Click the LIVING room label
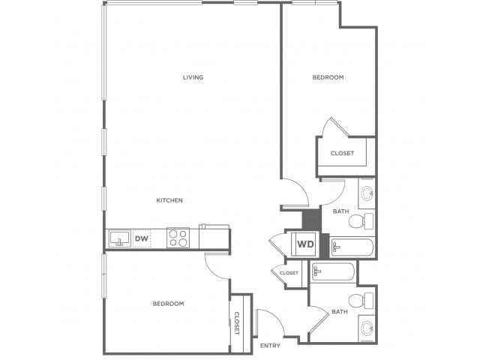click(193, 77)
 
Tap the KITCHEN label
click(169, 200)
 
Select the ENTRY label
click(270, 346)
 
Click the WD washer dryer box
click(305, 244)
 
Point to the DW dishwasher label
click(142, 238)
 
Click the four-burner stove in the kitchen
click(178, 238)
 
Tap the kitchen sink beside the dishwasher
click(120, 238)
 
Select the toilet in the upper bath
click(361, 220)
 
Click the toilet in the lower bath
click(361, 301)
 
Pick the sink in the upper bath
click(367, 193)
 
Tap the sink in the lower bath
click(367, 328)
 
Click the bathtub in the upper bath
click(352, 247)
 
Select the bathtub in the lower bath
click(333, 271)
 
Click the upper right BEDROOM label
click(328, 77)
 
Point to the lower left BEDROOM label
click(168, 304)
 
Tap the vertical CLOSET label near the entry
click(237, 323)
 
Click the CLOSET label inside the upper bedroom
click(342, 153)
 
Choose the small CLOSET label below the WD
click(289, 273)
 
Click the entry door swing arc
click(277, 316)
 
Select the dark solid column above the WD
click(312, 218)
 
